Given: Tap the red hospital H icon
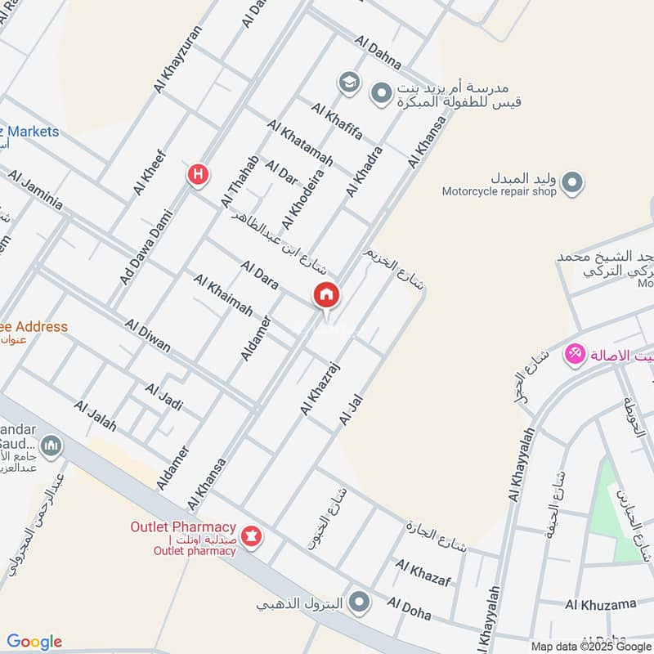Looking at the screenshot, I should (197, 174).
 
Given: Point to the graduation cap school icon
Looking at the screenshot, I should (349, 82).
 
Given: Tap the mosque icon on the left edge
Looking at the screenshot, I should (52, 446).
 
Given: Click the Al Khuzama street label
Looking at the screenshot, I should (600, 604).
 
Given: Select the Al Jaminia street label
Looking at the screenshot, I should (35, 190).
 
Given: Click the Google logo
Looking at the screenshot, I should (34, 642).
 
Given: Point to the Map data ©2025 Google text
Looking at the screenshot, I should (589, 646).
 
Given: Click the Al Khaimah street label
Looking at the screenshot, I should (222, 296).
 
